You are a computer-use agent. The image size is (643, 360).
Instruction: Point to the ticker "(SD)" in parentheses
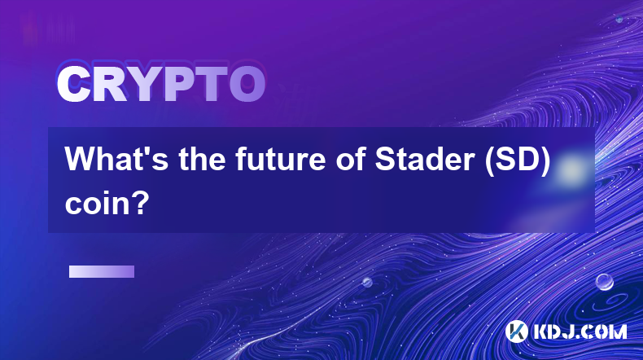click(518, 160)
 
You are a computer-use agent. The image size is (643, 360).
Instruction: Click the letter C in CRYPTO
click(74, 85)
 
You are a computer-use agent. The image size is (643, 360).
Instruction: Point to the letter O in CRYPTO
click(247, 85)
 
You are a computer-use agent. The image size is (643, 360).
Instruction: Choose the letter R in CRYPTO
click(109, 85)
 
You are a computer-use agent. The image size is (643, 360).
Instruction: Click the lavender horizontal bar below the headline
click(102, 272)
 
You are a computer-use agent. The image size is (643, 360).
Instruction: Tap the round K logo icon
click(517, 331)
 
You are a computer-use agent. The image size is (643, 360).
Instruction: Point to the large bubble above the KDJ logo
click(605, 282)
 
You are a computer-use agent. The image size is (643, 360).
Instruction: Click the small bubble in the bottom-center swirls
click(367, 282)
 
